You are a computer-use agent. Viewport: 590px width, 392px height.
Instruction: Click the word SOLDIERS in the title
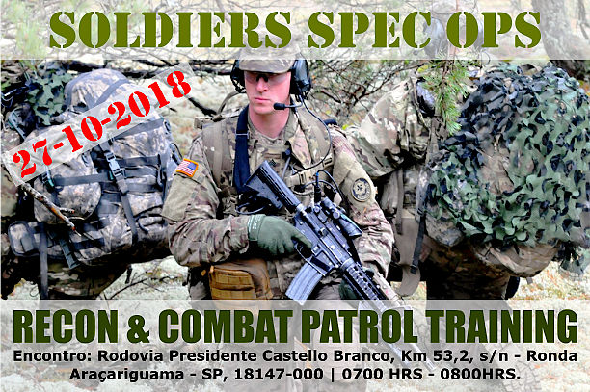(171, 30)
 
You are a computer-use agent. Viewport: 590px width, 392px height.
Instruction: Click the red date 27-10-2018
(101, 123)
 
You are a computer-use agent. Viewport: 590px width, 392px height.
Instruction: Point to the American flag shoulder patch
(187, 168)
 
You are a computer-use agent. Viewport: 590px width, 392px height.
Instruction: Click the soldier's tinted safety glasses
(267, 77)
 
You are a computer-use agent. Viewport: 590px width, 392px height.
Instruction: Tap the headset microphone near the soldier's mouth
(281, 106)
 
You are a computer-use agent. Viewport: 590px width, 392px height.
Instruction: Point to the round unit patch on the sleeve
(362, 190)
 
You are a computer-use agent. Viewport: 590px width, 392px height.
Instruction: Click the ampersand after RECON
(138, 327)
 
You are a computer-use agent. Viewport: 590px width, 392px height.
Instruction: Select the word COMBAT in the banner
(226, 327)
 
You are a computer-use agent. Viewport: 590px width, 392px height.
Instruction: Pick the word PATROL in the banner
(360, 327)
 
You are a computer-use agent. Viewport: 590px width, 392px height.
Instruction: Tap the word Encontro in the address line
(53, 356)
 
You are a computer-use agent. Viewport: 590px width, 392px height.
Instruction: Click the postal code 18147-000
(279, 374)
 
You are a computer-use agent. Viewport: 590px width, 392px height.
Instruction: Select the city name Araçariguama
(127, 375)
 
